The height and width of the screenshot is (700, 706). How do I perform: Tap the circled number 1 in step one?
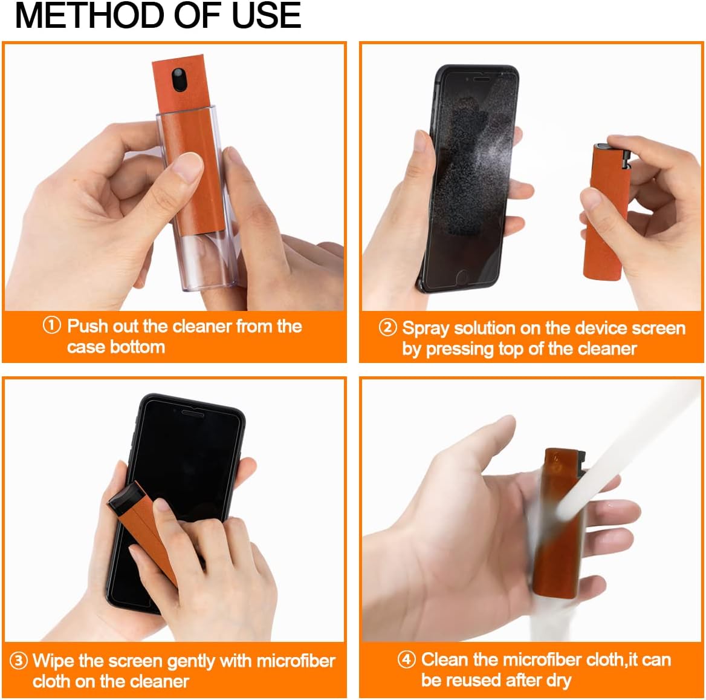pyautogui.click(x=51, y=325)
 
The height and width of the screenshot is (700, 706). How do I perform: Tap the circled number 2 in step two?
pyautogui.click(x=387, y=327)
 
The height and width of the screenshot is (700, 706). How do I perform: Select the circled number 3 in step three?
pyautogui.click(x=19, y=660)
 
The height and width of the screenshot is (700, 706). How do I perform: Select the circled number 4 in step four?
pyautogui.click(x=406, y=659)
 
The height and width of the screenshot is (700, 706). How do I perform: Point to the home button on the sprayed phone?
pyautogui.click(x=463, y=276)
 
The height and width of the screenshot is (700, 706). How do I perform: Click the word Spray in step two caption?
pyautogui.click(x=426, y=328)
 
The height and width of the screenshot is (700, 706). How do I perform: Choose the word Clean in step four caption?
pyautogui.click(x=445, y=659)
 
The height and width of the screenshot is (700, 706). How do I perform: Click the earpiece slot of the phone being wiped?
pyautogui.click(x=192, y=412)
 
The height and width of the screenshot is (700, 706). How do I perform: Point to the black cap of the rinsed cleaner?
pyautogui.click(x=582, y=462)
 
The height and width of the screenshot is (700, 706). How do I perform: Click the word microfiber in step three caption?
pyautogui.click(x=296, y=660)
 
